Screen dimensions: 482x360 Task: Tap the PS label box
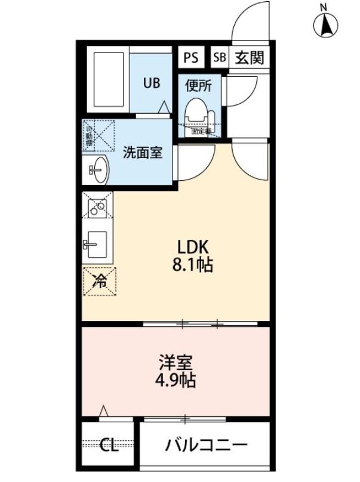190,58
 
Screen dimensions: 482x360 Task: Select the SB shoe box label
219,58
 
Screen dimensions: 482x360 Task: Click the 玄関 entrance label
249,58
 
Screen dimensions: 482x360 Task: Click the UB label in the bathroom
150,83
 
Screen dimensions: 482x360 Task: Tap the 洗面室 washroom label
143,152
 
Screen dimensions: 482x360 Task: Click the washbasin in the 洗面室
98,170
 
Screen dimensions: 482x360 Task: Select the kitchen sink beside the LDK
97,243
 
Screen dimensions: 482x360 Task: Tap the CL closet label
109,445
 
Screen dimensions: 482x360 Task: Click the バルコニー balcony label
206,445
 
